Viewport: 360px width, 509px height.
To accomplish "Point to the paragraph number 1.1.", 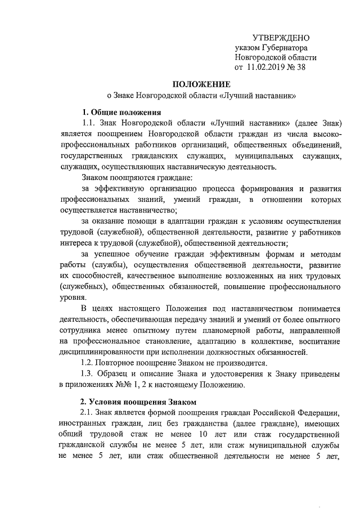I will click(89, 122).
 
